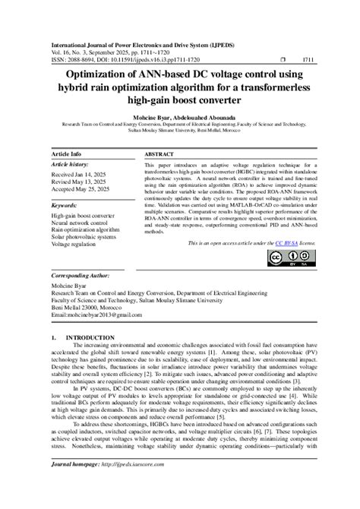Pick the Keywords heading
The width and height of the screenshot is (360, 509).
click(67, 205)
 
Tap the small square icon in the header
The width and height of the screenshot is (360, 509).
click(283, 58)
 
